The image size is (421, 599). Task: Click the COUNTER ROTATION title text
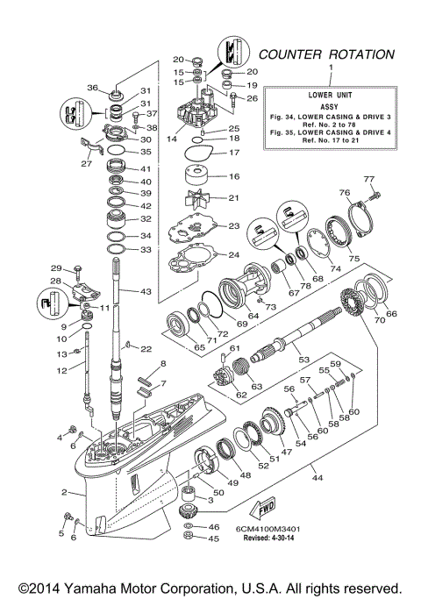[x=325, y=54]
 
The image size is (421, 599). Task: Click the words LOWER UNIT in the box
[x=331, y=92]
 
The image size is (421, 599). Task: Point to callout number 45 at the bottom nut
[x=214, y=538]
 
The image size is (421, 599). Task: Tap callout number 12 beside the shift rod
[x=58, y=372]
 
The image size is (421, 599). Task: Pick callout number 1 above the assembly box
[x=330, y=67]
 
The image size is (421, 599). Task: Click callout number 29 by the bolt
[x=56, y=268]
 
